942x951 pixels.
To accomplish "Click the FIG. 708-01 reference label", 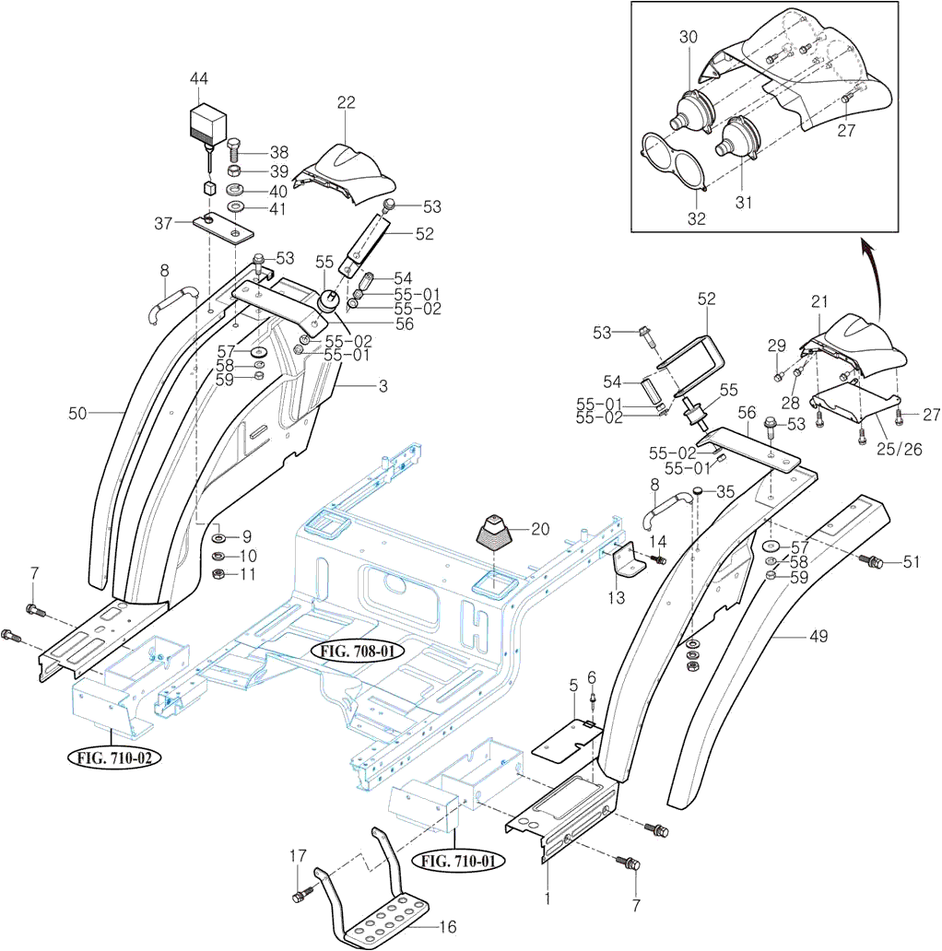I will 359,652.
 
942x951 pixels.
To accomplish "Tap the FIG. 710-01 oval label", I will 464,863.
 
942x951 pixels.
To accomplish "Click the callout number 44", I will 199,79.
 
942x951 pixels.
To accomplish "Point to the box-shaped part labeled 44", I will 209,122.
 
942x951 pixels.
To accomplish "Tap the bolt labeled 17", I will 300,895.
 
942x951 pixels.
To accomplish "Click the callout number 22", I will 346,103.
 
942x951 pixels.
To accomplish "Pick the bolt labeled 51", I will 873,561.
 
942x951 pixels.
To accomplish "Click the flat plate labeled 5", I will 566,739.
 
